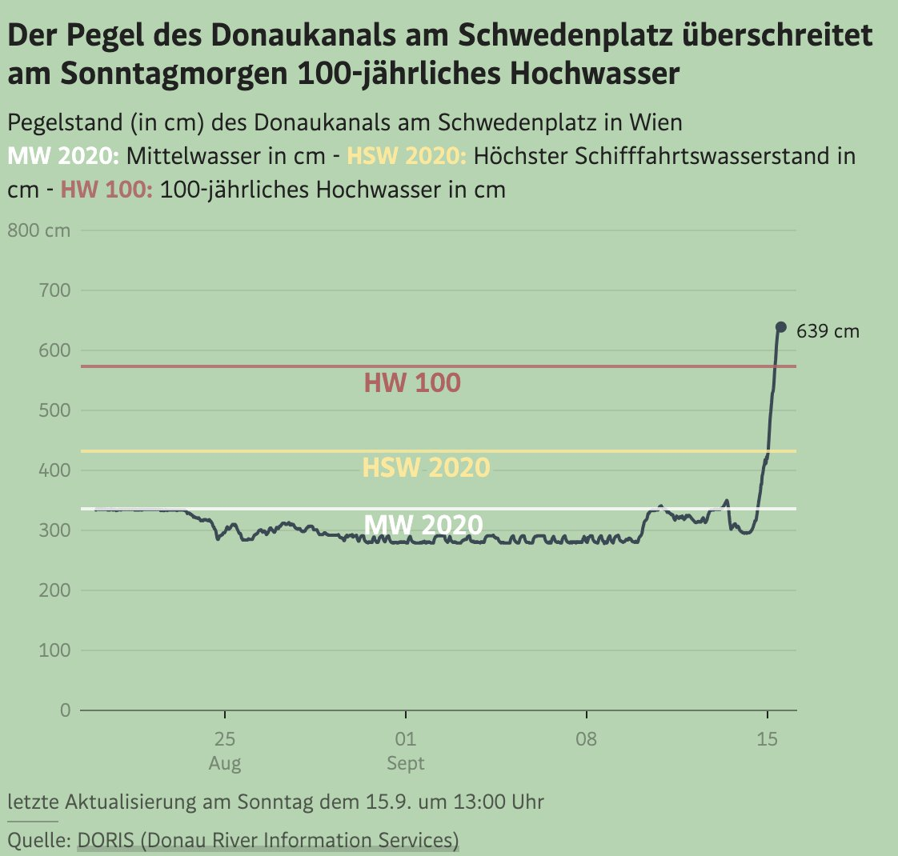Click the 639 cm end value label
point(828,330)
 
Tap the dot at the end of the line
point(781,327)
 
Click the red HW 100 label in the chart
point(412,383)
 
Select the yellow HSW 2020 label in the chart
point(426,467)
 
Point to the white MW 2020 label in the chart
point(423,525)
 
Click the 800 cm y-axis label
point(38,231)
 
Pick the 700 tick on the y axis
point(54,290)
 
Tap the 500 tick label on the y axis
point(54,410)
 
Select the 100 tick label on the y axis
point(54,650)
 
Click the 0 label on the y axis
point(65,710)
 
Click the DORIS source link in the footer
point(268,841)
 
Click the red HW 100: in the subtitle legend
point(106,190)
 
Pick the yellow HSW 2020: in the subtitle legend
point(407,155)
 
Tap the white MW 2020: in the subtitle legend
point(62,155)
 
